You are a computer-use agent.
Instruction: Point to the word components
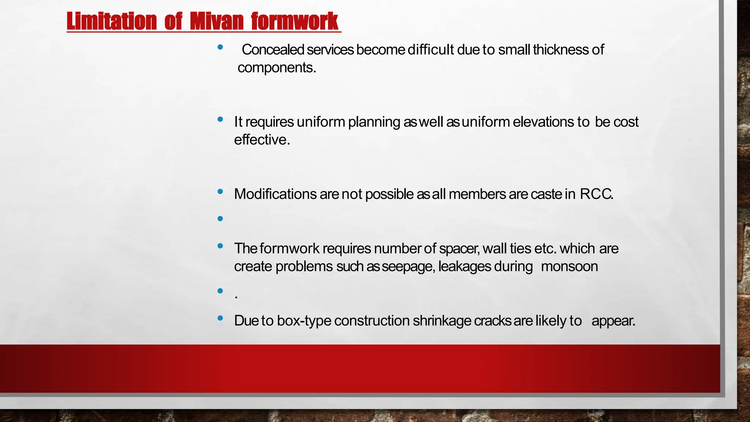(276, 68)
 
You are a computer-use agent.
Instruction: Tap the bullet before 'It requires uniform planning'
(220, 119)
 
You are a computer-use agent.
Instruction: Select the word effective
(262, 140)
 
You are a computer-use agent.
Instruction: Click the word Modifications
(275, 194)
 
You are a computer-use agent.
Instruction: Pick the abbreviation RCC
(596, 194)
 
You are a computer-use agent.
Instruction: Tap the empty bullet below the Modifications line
(220, 219)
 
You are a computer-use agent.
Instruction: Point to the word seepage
(408, 267)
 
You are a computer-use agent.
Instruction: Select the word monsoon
(569, 267)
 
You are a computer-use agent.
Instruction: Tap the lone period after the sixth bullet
(236, 297)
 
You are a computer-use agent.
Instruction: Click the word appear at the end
(613, 321)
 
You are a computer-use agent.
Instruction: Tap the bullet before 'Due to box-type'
(220, 318)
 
